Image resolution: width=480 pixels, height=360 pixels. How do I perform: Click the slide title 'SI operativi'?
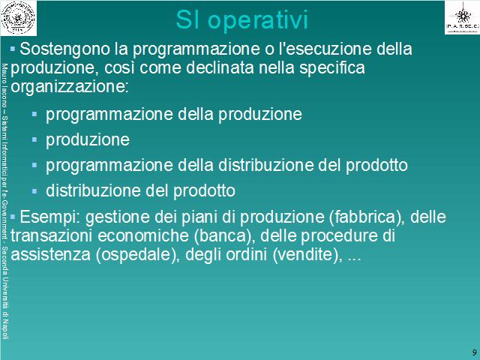tap(241, 21)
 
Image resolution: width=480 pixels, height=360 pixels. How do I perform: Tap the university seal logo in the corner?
tap(18, 18)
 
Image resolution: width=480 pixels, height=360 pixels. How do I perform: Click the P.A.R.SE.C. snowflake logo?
tap(462, 17)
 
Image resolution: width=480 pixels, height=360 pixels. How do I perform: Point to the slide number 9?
tap(475, 352)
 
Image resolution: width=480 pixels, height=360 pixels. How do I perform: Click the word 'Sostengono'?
tap(64, 49)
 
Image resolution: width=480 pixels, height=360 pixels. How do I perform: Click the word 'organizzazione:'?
tap(70, 88)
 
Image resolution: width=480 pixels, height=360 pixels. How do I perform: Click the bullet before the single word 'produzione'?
tap(34, 140)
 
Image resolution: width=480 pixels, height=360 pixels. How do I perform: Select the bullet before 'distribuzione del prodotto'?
tap(34, 191)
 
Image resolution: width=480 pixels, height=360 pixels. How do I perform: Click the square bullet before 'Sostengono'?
tap(13, 48)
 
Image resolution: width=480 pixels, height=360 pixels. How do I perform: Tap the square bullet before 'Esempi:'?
tap(13, 217)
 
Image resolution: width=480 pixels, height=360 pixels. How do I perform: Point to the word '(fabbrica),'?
tap(367, 217)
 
